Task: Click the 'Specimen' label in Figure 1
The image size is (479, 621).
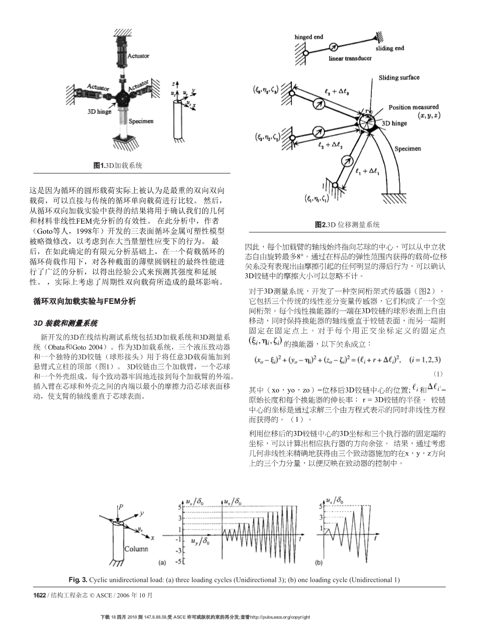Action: coord(141,121)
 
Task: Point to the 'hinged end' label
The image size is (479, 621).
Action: coord(309,37)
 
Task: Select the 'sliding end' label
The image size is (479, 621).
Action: coord(390,48)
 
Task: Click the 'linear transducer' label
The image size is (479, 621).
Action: coord(350,58)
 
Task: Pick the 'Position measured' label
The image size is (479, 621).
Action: coord(413,107)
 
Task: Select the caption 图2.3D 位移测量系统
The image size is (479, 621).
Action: coord(347,225)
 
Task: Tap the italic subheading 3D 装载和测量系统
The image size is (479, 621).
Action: coord(65,323)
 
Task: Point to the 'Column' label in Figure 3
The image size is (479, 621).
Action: coord(134,548)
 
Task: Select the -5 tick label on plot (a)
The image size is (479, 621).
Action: coord(177,561)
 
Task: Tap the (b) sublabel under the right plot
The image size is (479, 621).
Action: coord(318,562)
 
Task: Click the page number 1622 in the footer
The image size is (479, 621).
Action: coord(39,595)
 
